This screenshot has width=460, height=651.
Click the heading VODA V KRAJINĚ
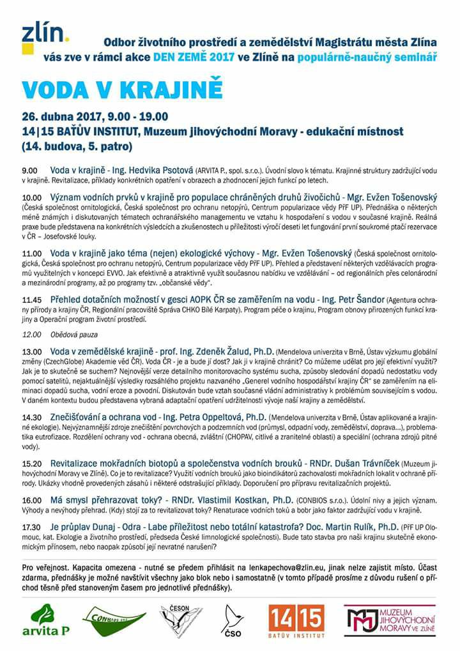point(122,88)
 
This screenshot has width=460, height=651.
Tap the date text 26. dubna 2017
point(59,117)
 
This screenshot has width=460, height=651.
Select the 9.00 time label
point(29,172)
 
